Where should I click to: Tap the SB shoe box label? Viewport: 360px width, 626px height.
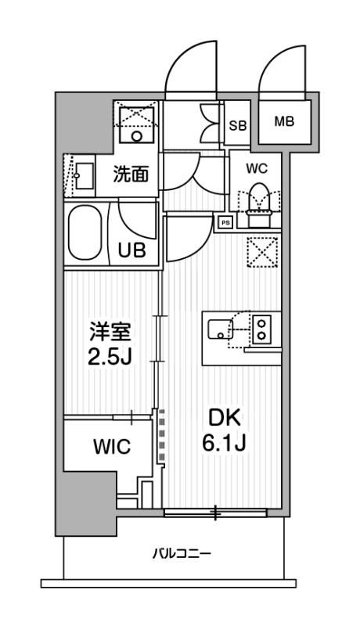(x=237, y=124)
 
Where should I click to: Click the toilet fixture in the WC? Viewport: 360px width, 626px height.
(x=257, y=199)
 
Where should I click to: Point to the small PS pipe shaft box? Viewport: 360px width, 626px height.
(x=225, y=221)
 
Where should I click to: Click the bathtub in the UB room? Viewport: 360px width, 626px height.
(x=86, y=233)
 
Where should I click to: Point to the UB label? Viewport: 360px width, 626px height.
(x=131, y=250)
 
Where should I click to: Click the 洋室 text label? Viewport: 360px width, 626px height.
(x=109, y=332)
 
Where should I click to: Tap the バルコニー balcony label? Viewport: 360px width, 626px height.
(x=180, y=554)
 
